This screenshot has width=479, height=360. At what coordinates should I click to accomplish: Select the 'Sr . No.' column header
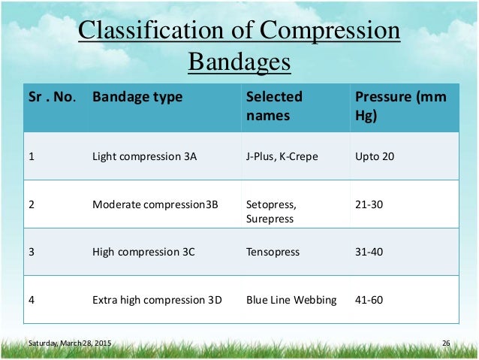(49, 97)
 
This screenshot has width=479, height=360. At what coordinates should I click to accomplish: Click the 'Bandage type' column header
(137, 97)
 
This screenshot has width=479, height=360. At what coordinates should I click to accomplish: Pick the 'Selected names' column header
(274, 107)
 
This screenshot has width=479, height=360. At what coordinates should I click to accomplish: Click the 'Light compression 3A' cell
(144, 156)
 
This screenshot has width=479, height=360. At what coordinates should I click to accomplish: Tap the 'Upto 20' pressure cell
(374, 156)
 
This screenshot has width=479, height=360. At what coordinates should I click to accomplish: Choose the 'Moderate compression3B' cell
(154, 204)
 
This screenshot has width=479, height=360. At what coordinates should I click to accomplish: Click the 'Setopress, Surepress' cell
(272, 210)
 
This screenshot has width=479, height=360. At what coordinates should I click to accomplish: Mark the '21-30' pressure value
(369, 204)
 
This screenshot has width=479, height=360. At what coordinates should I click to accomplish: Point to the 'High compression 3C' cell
(143, 252)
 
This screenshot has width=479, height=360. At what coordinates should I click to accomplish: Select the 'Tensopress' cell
(273, 252)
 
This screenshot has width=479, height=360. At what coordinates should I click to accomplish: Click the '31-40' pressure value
(369, 252)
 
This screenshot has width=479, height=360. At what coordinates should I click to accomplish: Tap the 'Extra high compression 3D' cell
(157, 300)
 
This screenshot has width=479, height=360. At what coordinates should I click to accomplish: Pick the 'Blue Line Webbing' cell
(291, 300)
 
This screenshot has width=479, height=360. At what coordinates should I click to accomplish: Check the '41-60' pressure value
(369, 300)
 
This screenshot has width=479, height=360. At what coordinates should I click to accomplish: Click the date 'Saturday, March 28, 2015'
(69, 343)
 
